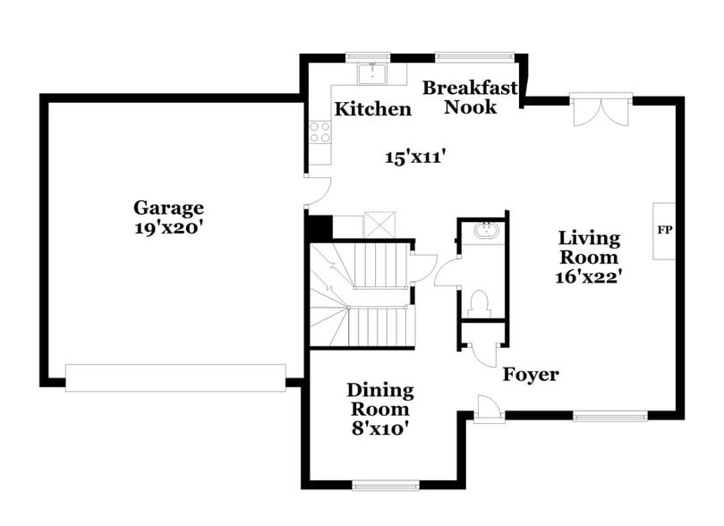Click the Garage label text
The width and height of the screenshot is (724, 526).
pyautogui.click(x=169, y=208)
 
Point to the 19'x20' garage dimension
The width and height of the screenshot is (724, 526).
pyautogui.click(x=169, y=227)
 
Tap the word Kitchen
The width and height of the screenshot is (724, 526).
pyautogui.click(x=373, y=109)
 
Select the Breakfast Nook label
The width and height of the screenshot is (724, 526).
pyautogui.click(x=471, y=97)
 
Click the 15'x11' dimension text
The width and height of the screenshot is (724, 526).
pyautogui.click(x=415, y=157)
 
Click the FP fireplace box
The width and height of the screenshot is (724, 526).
pyautogui.click(x=664, y=230)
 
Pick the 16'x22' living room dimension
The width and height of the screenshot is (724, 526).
pyautogui.click(x=588, y=276)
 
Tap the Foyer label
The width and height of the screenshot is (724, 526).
pyautogui.click(x=530, y=374)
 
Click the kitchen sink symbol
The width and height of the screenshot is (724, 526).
pyautogui.click(x=371, y=72)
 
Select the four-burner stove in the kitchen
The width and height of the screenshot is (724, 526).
pyautogui.click(x=319, y=131)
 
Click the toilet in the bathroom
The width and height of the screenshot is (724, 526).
pyautogui.click(x=481, y=302)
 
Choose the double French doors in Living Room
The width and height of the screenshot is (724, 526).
pyautogui.click(x=600, y=112)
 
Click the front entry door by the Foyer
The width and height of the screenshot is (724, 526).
pyautogui.click(x=489, y=411)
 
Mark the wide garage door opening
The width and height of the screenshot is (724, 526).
pyautogui.click(x=175, y=378)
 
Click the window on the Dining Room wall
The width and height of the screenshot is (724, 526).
pyautogui.click(x=386, y=486)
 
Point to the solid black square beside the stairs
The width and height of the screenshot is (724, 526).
pyautogui.click(x=319, y=227)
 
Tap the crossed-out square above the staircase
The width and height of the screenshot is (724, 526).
pyautogui.click(x=379, y=225)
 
